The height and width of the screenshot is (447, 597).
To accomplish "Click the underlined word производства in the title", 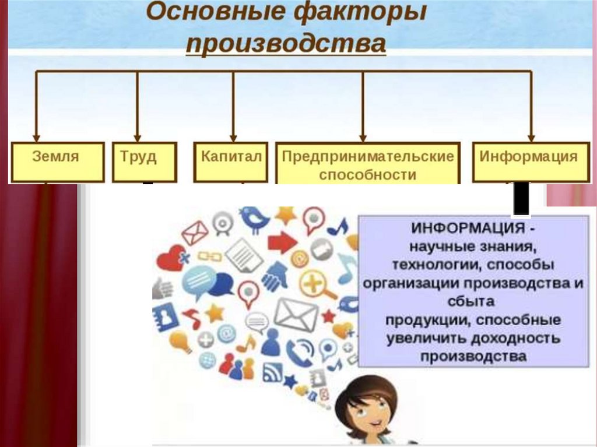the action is pyautogui.click(x=286, y=43).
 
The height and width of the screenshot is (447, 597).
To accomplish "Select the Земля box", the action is pyautogui.click(x=58, y=162).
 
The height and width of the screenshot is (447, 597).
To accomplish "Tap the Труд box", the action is pyautogui.click(x=145, y=162).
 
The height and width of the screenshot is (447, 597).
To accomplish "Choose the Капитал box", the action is pyautogui.click(x=231, y=162).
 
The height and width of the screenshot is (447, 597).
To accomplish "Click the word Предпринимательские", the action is pyautogui.click(x=368, y=157).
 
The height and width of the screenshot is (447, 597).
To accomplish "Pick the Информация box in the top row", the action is pyautogui.click(x=531, y=162).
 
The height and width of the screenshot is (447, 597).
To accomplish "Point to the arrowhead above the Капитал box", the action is pyautogui.click(x=233, y=138).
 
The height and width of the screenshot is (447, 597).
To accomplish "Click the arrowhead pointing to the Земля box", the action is pyautogui.click(x=37, y=138).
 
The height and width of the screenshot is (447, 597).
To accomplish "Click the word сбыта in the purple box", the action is pyautogui.click(x=471, y=301).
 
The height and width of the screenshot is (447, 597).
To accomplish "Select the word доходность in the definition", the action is pyautogui.click(x=515, y=338).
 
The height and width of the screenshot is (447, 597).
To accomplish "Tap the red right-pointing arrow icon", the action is pyautogui.click(x=283, y=242).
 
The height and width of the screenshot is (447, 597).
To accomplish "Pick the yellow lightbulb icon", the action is pyautogui.click(x=181, y=342).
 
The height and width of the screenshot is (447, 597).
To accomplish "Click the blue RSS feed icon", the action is pyautogui.click(x=273, y=372).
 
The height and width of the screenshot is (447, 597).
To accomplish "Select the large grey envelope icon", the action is pyautogui.click(x=296, y=315).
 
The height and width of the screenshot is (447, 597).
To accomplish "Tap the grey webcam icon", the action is pyautogui.click(x=222, y=223).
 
